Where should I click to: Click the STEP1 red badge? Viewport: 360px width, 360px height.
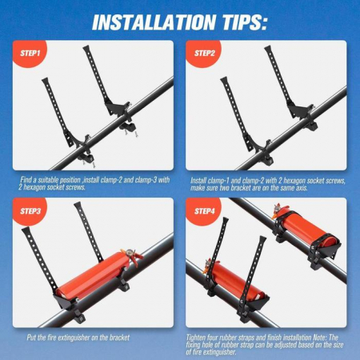(29, 53)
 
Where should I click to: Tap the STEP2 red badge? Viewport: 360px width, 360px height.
(203, 53)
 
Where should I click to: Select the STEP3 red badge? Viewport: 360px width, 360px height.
(29, 210)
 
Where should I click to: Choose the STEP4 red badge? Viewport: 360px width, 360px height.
(203, 210)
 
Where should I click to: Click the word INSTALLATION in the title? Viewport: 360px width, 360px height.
(154, 22)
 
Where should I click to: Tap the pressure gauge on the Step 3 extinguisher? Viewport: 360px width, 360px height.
(130, 252)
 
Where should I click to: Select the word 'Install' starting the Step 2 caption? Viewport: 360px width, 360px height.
(198, 181)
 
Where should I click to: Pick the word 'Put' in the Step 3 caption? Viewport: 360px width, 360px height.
(31, 338)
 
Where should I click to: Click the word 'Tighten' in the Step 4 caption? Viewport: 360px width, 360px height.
(196, 338)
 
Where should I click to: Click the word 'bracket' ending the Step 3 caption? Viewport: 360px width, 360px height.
(119, 338)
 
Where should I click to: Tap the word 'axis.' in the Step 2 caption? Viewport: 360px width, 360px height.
(301, 188)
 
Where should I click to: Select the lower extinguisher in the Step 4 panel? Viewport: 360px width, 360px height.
(235, 281)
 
